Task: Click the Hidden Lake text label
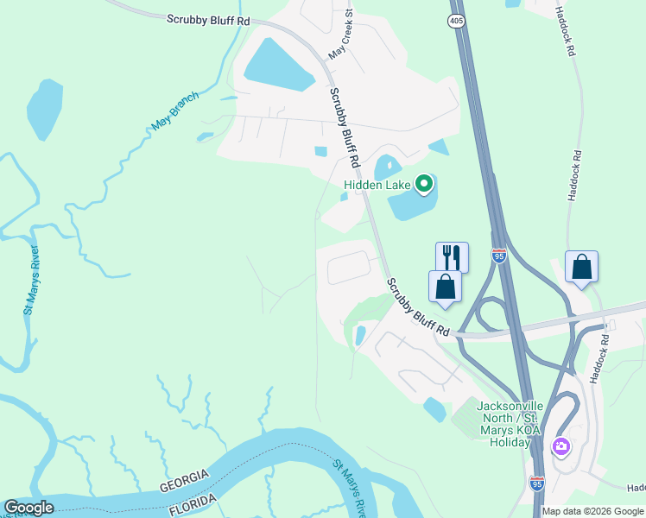(377, 184)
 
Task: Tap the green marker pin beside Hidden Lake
(423, 183)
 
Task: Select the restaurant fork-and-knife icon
(452, 256)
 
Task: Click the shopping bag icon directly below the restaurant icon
(445, 286)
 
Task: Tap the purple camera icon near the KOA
(561, 446)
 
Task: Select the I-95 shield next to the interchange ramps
(499, 255)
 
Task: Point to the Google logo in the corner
(28, 508)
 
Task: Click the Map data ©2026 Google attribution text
(592, 511)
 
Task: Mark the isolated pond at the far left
(44, 109)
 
